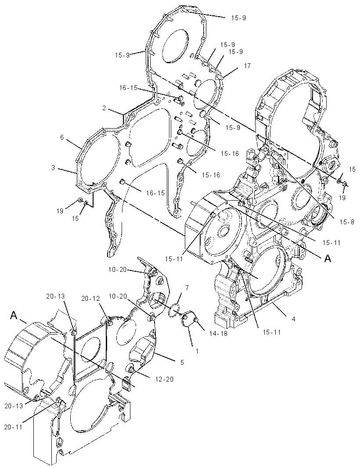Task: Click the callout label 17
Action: point(247,66)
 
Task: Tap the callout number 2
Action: point(104,108)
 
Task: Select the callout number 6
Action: point(62,137)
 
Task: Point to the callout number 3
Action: point(53,168)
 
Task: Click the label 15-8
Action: point(347,222)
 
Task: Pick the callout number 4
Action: point(293,319)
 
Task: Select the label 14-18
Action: point(219,333)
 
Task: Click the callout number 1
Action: point(197,351)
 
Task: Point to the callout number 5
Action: point(182,362)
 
